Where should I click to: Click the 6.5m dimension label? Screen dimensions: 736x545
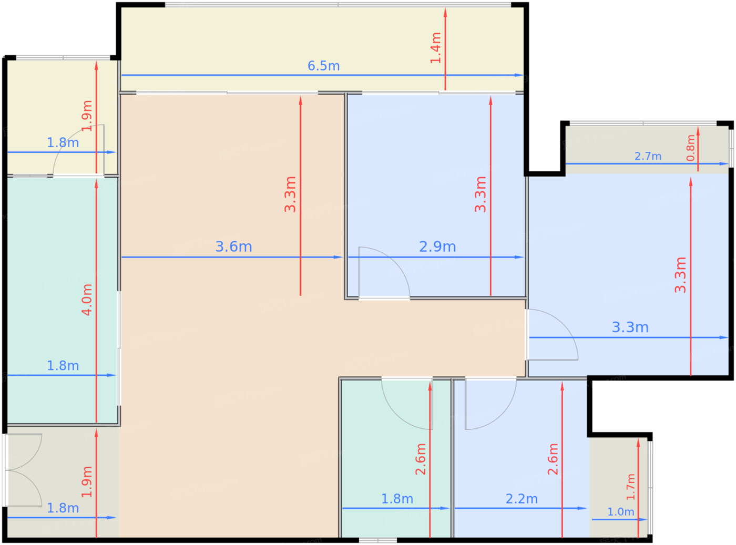tap(323, 66)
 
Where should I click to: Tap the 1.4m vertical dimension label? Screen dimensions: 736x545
tap(435, 48)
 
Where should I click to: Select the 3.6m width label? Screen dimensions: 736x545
tap(233, 246)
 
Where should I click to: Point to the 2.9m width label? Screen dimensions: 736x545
tap(437, 246)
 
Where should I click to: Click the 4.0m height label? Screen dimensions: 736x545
tap(87, 300)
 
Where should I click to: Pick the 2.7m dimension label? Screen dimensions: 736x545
tap(648, 156)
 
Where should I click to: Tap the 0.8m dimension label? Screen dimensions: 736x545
tap(691, 148)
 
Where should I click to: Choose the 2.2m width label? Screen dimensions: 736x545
tap(522, 499)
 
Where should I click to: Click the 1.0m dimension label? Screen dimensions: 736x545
tap(620, 512)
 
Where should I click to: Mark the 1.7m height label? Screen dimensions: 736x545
tap(630, 487)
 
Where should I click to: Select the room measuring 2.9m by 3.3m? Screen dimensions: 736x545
tap(436, 196)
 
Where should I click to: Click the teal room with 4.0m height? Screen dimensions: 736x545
tap(63, 301)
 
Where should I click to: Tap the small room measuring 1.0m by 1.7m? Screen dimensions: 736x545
tap(619, 488)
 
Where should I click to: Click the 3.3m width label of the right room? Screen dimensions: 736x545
tap(630, 327)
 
